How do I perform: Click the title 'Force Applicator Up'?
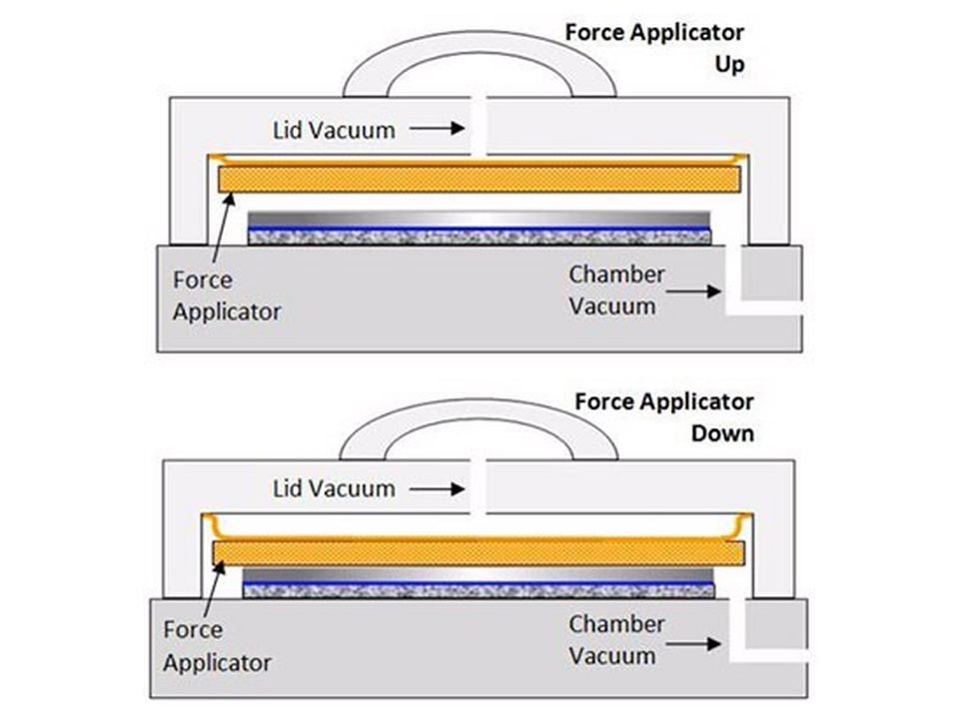pos(655,48)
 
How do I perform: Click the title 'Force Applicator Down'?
pos(664,417)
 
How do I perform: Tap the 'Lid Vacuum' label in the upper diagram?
pos(334,130)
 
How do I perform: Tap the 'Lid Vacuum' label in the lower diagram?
pos(334,489)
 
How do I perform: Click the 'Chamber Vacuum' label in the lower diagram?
pos(616,640)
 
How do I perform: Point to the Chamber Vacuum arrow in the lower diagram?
pos(695,644)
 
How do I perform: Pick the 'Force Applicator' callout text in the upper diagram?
pos(227,296)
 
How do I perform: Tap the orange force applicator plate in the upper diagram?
pos(479,179)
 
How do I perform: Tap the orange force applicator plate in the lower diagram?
pos(479,552)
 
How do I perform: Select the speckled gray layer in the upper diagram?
pos(479,238)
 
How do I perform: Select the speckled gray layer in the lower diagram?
pos(479,591)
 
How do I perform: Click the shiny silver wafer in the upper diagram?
pos(479,219)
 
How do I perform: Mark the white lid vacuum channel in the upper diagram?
pos(479,126)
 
